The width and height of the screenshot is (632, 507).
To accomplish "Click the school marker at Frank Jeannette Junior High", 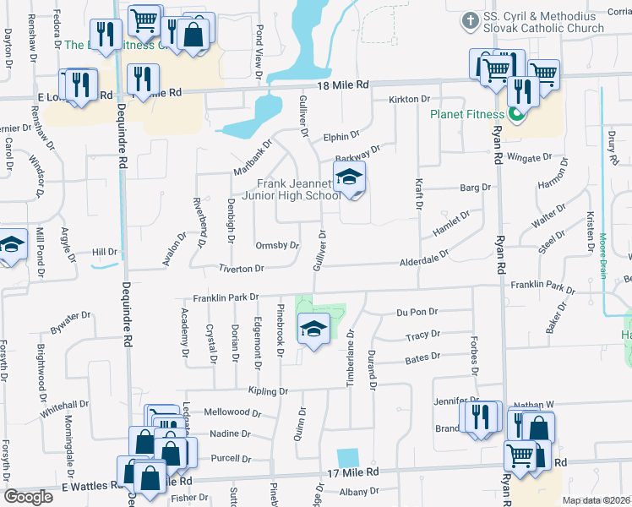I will (x=348, y=178).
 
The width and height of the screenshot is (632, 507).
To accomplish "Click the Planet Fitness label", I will (x=466, y=114).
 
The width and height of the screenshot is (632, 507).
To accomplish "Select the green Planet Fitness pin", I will (x=515, y=115).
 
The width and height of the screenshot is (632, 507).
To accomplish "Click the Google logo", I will (x=28, y=496).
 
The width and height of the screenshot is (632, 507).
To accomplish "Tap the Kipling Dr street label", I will (x=268, y=391).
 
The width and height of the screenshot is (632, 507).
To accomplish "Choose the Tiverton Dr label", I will (x=242, y=268).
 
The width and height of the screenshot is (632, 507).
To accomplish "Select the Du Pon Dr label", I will (x=417, y=312).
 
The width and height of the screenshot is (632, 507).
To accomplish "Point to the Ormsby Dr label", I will (x=277, y=246).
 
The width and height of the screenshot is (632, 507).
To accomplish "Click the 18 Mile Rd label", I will (x=345, y=85).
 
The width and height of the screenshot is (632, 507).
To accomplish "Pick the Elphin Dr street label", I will (x=341, y=135).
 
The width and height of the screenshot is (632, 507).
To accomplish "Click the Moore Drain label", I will (x=603, y=246).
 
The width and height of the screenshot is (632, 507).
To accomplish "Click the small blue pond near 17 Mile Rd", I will (x=347, y=457).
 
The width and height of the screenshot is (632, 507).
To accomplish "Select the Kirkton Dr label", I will (x=409, y=100).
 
